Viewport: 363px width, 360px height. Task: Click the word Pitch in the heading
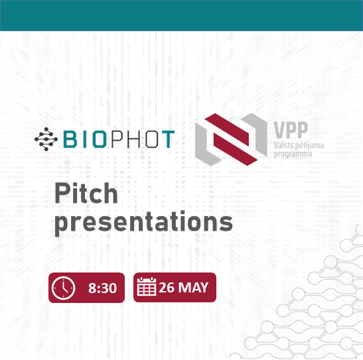(86, 193)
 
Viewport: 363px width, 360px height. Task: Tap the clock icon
(63, 288)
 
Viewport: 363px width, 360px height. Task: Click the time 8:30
(102, 288)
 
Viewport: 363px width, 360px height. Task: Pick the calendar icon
(146, 286)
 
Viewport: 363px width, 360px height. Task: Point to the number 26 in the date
(167, 288)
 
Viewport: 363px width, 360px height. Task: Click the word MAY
(193, 288)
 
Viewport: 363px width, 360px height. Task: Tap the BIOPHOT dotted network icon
(46, 139)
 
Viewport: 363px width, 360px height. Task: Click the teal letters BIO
(85, 139)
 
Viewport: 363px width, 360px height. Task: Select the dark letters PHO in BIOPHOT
(135, 139)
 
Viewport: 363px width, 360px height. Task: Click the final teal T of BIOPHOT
(168, 139)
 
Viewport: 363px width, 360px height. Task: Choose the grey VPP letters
(291, 130)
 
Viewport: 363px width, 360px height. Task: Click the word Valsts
(283, 145)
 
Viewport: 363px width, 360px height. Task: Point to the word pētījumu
(310, 146)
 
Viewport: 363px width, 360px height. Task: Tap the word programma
(293, 154)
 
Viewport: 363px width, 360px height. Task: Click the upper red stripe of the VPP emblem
(227, 127)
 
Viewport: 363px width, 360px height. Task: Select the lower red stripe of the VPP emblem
(236, 150)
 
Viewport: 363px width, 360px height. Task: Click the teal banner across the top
(182, 15)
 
